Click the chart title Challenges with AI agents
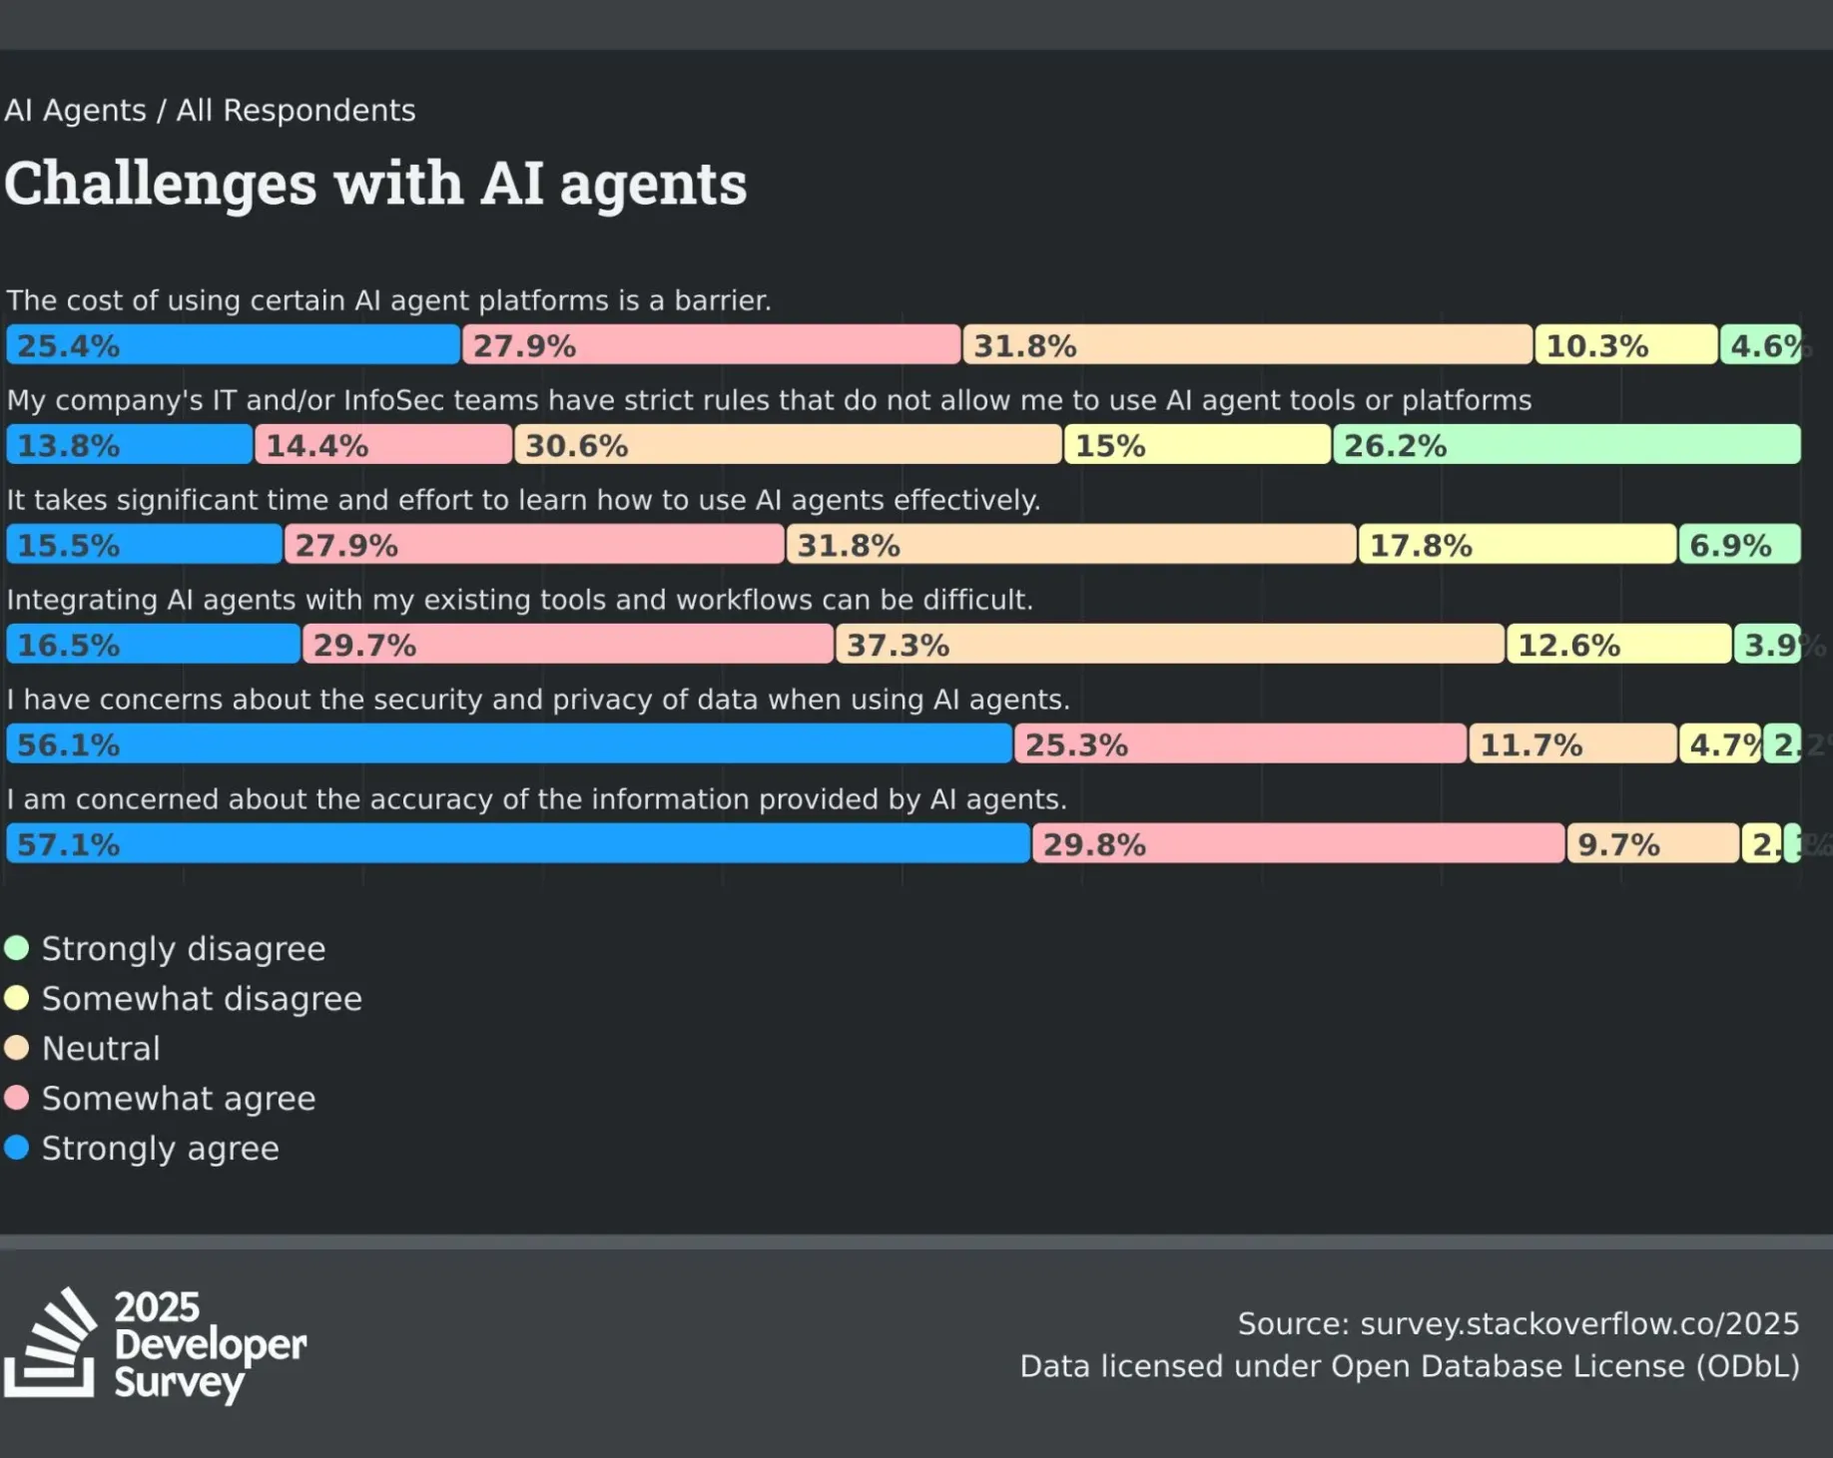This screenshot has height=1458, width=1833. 375,185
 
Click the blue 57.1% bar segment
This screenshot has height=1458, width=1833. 517,844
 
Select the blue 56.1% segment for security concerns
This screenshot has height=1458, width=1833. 508,744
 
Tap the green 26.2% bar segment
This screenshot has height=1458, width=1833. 1566,445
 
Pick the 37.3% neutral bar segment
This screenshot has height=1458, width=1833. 1169,645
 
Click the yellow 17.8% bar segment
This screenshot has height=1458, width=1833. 1517,545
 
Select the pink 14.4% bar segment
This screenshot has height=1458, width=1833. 383,445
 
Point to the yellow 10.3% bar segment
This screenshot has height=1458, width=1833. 1625,345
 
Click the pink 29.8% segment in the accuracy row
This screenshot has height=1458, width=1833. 1298,844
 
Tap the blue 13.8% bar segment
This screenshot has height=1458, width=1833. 129,445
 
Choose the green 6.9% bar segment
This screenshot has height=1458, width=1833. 1739,545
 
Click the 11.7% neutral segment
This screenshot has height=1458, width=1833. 1572,744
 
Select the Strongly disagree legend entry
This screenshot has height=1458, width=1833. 183,948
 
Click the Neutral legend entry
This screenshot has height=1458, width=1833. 100,1048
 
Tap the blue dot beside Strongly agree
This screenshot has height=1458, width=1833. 17,1148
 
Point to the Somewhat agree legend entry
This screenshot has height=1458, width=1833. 178,1098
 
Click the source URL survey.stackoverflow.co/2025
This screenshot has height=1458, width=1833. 1579,1323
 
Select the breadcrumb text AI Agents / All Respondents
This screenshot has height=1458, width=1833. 210,110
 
